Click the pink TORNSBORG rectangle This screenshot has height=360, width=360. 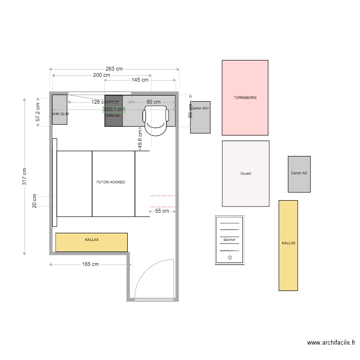(245, 97)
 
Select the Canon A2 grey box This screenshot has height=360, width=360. (299, 174)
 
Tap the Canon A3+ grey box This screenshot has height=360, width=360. (200, 117)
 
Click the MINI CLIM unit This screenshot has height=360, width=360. (60, 110)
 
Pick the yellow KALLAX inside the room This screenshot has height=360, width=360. (91, 242)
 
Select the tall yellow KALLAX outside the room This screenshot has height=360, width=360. (288, 245)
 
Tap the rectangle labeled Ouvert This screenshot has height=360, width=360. (246, 173)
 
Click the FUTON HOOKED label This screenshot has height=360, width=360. (110, 182)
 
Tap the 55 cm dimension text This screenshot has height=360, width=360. (161, 211)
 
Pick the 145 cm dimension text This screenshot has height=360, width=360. (139, 80)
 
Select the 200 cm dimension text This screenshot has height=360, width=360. (101, 75)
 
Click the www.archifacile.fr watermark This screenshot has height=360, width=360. (331, 343)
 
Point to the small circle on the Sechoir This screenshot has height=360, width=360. (229, 257)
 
